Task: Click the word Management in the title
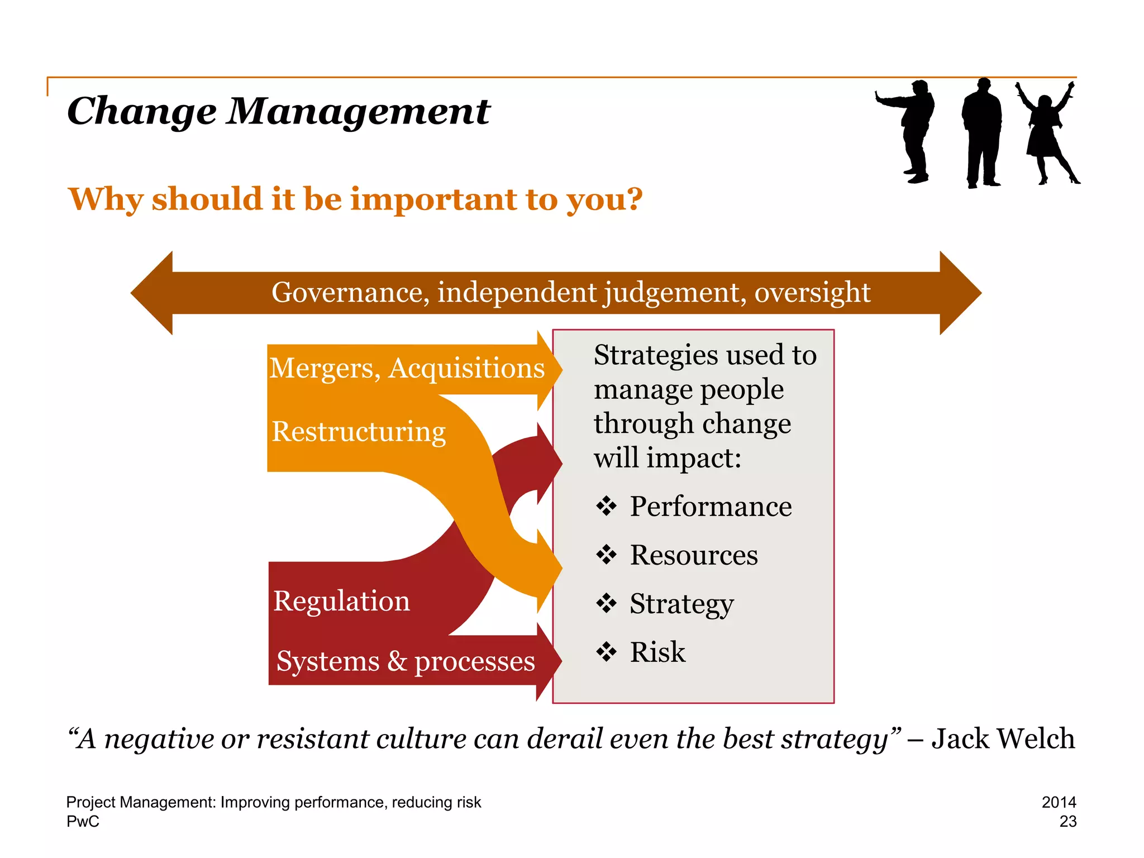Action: [358, 111]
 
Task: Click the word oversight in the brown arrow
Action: [812, 293]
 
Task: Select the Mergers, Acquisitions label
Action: [407, 369]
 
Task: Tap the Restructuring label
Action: [359, 432]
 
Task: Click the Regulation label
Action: [341, 602]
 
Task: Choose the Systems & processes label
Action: [406, 661]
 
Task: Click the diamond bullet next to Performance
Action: [606, 507]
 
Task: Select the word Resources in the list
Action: [694, 555]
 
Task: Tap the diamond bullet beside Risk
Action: [606, 652]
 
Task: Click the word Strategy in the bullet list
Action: [681, 604]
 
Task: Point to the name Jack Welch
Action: [1003, 739]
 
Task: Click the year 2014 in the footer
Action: [1059, 802]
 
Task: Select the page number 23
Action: [1067, 822]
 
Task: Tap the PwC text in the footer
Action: [83, 822]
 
